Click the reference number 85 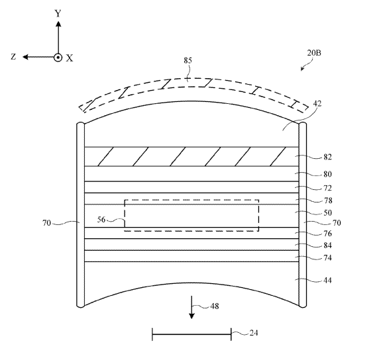pyautogui.click(x=188, y=60)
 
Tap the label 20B pyautogui.click(x=314, y=53)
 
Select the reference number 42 pyautogui.click(x=317, y=104)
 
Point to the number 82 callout pyautogui.click(x=327, y=157)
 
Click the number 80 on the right pyautogui.click(x=327, y=174)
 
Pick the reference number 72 pyautogui.click(x=327, y=188)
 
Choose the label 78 pyautogui.click(x=328, y=201)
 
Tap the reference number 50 pyautogui.click(x=327, y=213)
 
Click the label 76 pyautogui.click(x=327, y=234)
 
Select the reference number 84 pyautogui.click(x=327, y=246)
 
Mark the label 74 pyautogui.click(x=327, y=257)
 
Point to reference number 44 pyautogui.click(x=327, y=281)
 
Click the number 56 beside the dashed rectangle pyautogui.click(x=101, y=220)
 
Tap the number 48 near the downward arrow pyautogui.click(x=215, y=306)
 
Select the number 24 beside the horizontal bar pyautogui.click(x=254, y=333)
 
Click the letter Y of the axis pyautogui.click(x=58, y=13)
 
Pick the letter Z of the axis pyautogui.click(x=13, y=57)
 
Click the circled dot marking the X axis pyautogui.click(x=58, y=58)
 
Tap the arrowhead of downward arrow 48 pyautogui.click(x=191, y=316)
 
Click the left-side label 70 pyautogui.click(x=46, y=223)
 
